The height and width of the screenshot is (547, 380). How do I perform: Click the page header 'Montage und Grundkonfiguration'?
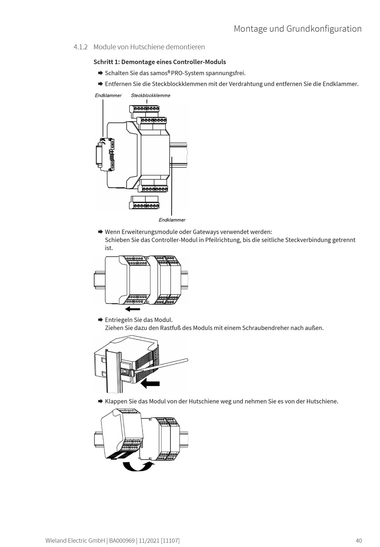click(x=298, y=29)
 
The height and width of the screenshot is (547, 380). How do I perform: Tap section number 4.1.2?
click(x=80, y=47)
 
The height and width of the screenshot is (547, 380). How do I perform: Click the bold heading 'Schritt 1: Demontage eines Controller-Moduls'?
click(x=160, y=62)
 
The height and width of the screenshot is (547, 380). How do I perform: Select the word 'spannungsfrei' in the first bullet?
click(x=226, y=73)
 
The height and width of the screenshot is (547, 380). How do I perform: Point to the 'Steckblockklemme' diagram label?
click(x=150, y=95)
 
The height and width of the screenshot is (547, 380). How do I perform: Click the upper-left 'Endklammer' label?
click(x=108, y=95)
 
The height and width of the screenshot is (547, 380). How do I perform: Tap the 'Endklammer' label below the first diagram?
click(x=172, y=220)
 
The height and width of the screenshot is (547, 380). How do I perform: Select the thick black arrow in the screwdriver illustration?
click(x=150, y=384)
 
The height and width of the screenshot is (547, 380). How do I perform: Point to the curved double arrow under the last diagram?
click(x=138, y=466)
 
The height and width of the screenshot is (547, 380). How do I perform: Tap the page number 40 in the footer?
click(x=358, y=541)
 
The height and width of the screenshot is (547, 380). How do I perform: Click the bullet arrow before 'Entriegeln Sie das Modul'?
click(x=100, y=320)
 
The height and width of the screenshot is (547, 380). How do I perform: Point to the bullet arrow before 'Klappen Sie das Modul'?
click(x=100, y=401)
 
